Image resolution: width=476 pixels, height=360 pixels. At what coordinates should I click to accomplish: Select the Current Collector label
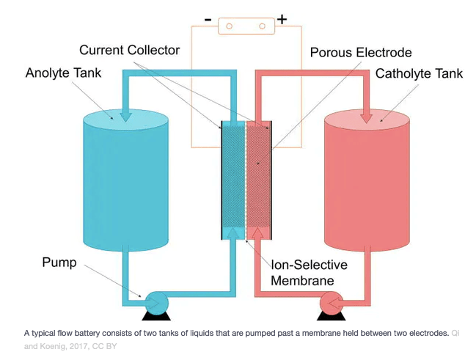pos(129,50)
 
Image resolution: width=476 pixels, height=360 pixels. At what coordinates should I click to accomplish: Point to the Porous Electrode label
pos(361,53)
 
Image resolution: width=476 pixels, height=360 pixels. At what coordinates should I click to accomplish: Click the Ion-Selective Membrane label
pos(309,272)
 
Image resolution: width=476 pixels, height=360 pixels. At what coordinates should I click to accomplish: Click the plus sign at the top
pos(282,20)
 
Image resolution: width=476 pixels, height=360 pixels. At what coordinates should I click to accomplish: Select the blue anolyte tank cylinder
pos(127,180)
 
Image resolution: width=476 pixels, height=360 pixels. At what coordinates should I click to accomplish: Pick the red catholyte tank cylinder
pos(366,180)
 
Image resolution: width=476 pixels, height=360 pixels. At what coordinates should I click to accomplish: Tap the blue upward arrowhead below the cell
pos(233,232)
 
